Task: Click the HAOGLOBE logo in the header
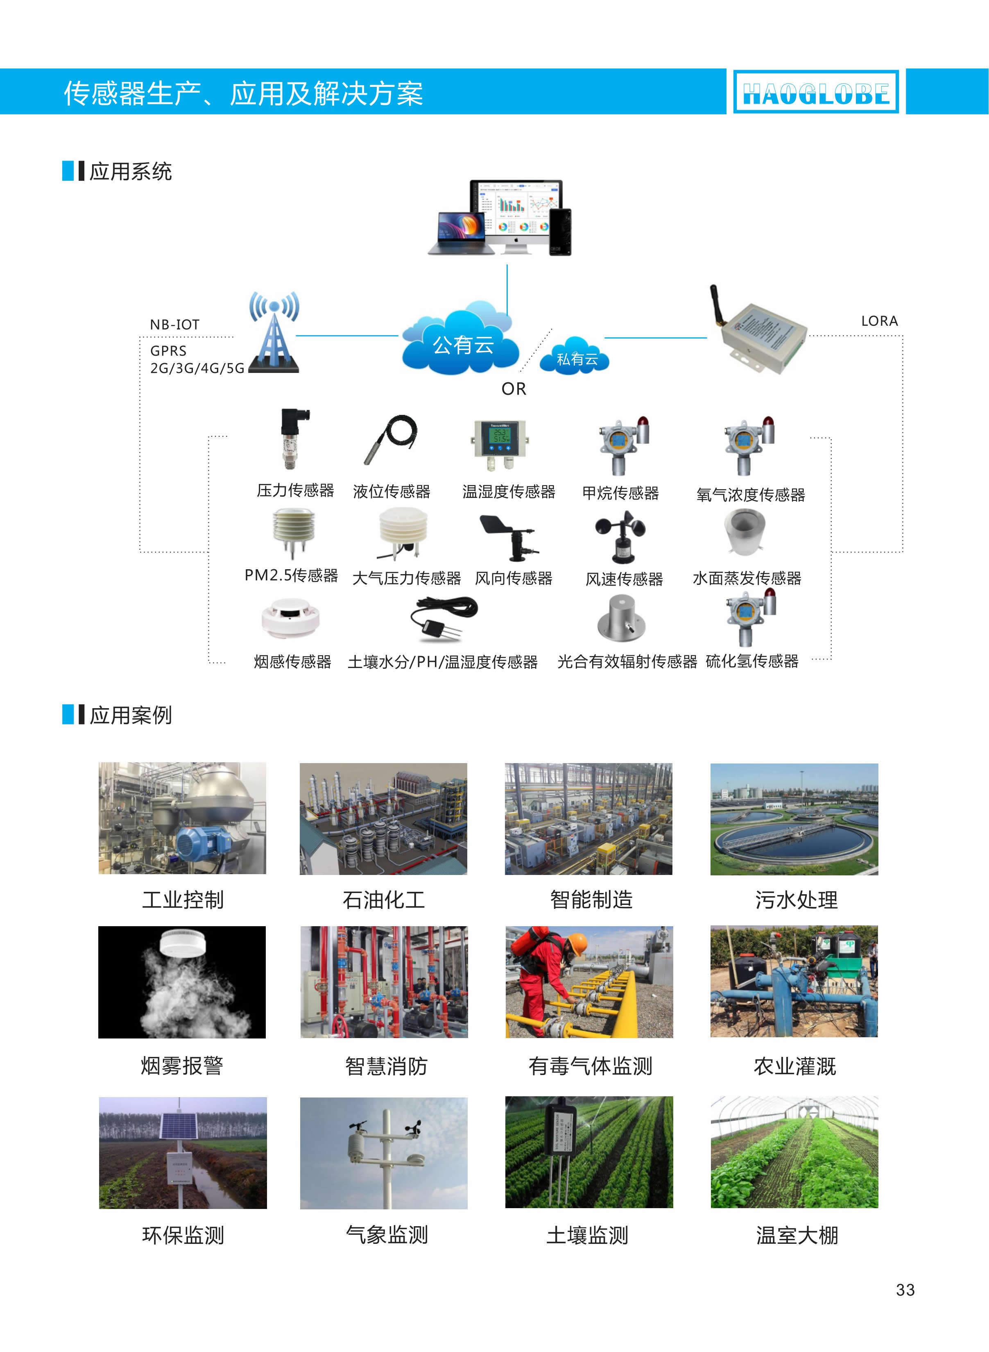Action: (x=815, y=92)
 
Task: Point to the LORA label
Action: (x=879, y=321)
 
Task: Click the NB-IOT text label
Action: (x=174, y=325)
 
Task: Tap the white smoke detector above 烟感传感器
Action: (x=291, y=617)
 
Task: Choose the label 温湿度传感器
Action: (x=509, y=492)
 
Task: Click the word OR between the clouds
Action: (x=514, y=389)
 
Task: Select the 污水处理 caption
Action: (x=796, y=900)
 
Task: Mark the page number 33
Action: (x=905, y=1290)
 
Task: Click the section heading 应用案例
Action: (x=131, y=715)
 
